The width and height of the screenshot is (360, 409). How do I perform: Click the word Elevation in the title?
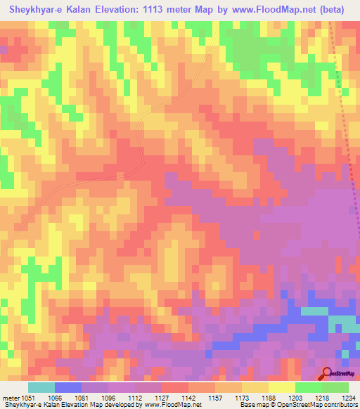coord(127,9)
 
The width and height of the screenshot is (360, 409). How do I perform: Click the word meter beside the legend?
coord(11,397)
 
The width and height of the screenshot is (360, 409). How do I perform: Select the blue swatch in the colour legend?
coord(68,387)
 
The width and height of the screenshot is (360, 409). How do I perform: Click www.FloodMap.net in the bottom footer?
coord(169,405)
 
